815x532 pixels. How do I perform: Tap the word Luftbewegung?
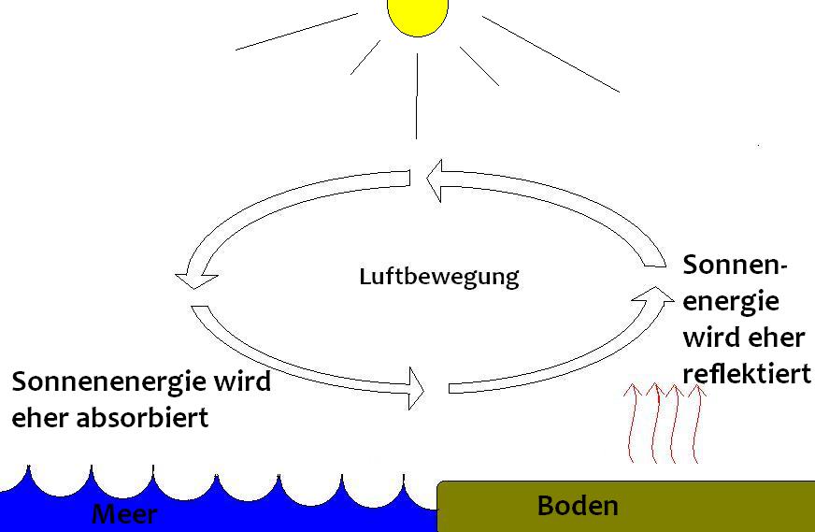pyautogui.click(x=438, y=277)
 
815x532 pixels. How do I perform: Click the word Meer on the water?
pyautogui.click(x=124, y=514)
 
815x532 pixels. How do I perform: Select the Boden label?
pyautogui.click(x=578, y=506)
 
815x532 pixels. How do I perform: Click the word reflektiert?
pyautogui.click(x=746, y=373)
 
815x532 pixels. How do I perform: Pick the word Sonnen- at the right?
pyautogui.click(x=736, y=265)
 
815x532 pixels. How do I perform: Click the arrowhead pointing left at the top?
pyautogui.click(x=434, y=180)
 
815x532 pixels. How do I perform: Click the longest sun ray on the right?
pyautogui.click(x=550, y=54)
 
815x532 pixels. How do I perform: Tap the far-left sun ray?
pyautogui.click(x=296, y=31)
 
